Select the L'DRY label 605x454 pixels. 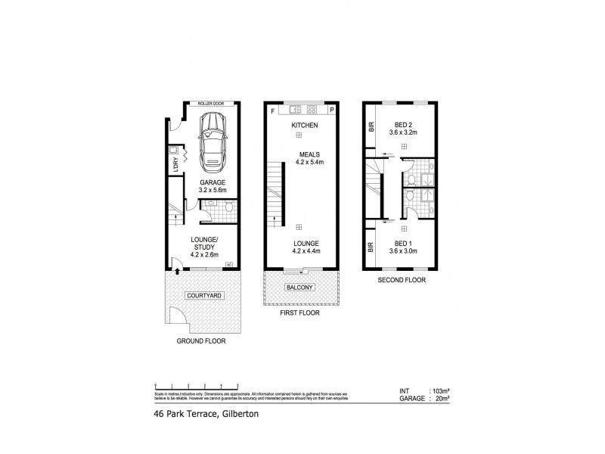coord(175,163)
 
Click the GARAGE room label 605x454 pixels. coord(213,183)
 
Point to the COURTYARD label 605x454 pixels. coord(202,295)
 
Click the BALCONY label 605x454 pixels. coord(299,288)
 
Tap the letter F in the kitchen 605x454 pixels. coord(271,111)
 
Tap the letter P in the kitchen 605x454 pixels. coord(332,111)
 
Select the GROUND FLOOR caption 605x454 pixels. coord(202,341)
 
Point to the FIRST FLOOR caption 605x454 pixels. coord(300,313)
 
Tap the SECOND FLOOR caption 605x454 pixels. coord(401,280)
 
